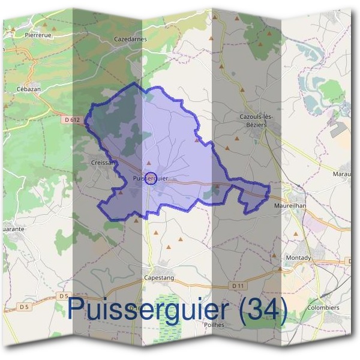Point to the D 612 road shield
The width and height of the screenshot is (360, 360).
pos(71,120)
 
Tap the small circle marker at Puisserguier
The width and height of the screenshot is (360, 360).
pos(151,178)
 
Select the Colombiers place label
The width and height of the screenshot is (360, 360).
pos(322,308)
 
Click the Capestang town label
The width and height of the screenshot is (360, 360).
pos(158,278)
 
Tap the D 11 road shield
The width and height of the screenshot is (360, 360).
pos(256,285)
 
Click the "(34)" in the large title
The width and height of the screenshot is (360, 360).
pos(260,310)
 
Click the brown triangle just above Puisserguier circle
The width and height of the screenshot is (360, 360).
pos(149,163)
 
